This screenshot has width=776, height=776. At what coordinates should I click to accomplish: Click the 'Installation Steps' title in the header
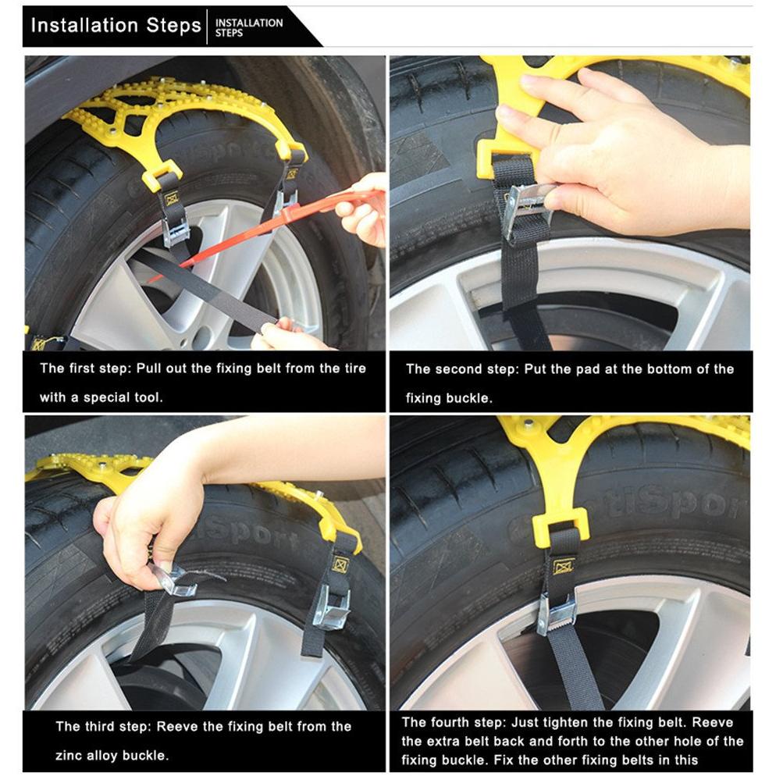[x=116, y=25]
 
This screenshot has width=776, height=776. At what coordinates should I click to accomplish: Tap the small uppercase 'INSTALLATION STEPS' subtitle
[x=249, y=28]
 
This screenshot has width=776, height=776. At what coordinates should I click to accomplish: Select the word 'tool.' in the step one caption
[x=148, y=397]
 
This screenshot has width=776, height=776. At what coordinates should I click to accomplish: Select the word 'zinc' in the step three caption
[x=69, y=756]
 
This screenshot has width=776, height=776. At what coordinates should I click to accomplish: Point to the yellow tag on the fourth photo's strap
[x=563, y=566]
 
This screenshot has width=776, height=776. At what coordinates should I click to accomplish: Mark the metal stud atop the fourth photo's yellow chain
[x=529, y=424]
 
